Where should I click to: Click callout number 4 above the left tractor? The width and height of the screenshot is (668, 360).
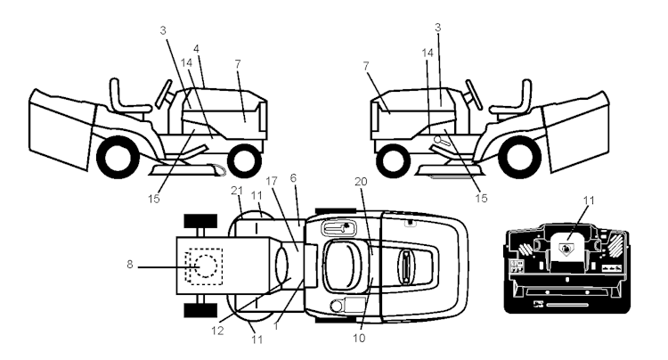pyautogui.click(x=196, y=49)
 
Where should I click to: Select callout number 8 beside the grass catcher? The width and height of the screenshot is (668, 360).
pyautogui.click(x=130, y=265)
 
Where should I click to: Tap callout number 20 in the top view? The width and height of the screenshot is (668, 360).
pyautogui.click(x=361, y=182)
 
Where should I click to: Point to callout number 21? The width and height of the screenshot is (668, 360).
pyautogui.click(x=236, y=191)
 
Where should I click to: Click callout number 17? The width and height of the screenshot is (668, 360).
pyautogui.click(x=272, y=181)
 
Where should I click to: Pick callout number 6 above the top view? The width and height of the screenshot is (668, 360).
pyautogui.click(x=293, y=178)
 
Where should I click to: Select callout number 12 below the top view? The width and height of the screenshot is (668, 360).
pyautogui.click(x=217, y=331)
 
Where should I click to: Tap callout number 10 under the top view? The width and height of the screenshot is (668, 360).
pyautogui.click(x=359, y=339)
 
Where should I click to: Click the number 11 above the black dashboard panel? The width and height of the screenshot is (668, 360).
pyautogui.click(x=589, y=200)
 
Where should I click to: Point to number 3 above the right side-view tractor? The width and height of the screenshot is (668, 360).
pyautogui.click(x=437, y=28)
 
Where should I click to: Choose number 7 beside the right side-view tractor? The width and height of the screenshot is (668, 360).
pyautogui.click(x=365, y=66)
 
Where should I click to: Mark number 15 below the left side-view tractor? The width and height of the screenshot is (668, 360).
pyautogui.click(x=154, y=199)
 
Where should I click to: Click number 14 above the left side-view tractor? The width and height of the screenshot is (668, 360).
pyautogui.click(x=186, y=62)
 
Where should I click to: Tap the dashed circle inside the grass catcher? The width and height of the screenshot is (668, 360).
pyautogui.click(x=207, y=266)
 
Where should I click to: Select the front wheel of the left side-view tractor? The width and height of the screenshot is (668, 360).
pyautogui.click(x=245, y=160)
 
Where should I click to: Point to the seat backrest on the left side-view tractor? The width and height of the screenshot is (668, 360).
pyautogui.click(x=114, y=93)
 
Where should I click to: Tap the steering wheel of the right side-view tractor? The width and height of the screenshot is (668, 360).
pyautogui.click(x=474, y=94)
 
